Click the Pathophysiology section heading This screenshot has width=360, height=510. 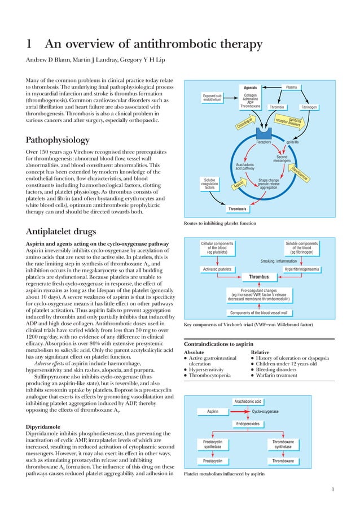coord(60,140)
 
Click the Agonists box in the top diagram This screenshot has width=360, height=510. coord(251,88)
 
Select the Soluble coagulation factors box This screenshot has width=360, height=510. coord(209,184)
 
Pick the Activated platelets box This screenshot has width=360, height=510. coord(218,269)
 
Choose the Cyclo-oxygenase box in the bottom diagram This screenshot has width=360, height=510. coord(265,412)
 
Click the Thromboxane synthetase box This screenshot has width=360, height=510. coord(283,444)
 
